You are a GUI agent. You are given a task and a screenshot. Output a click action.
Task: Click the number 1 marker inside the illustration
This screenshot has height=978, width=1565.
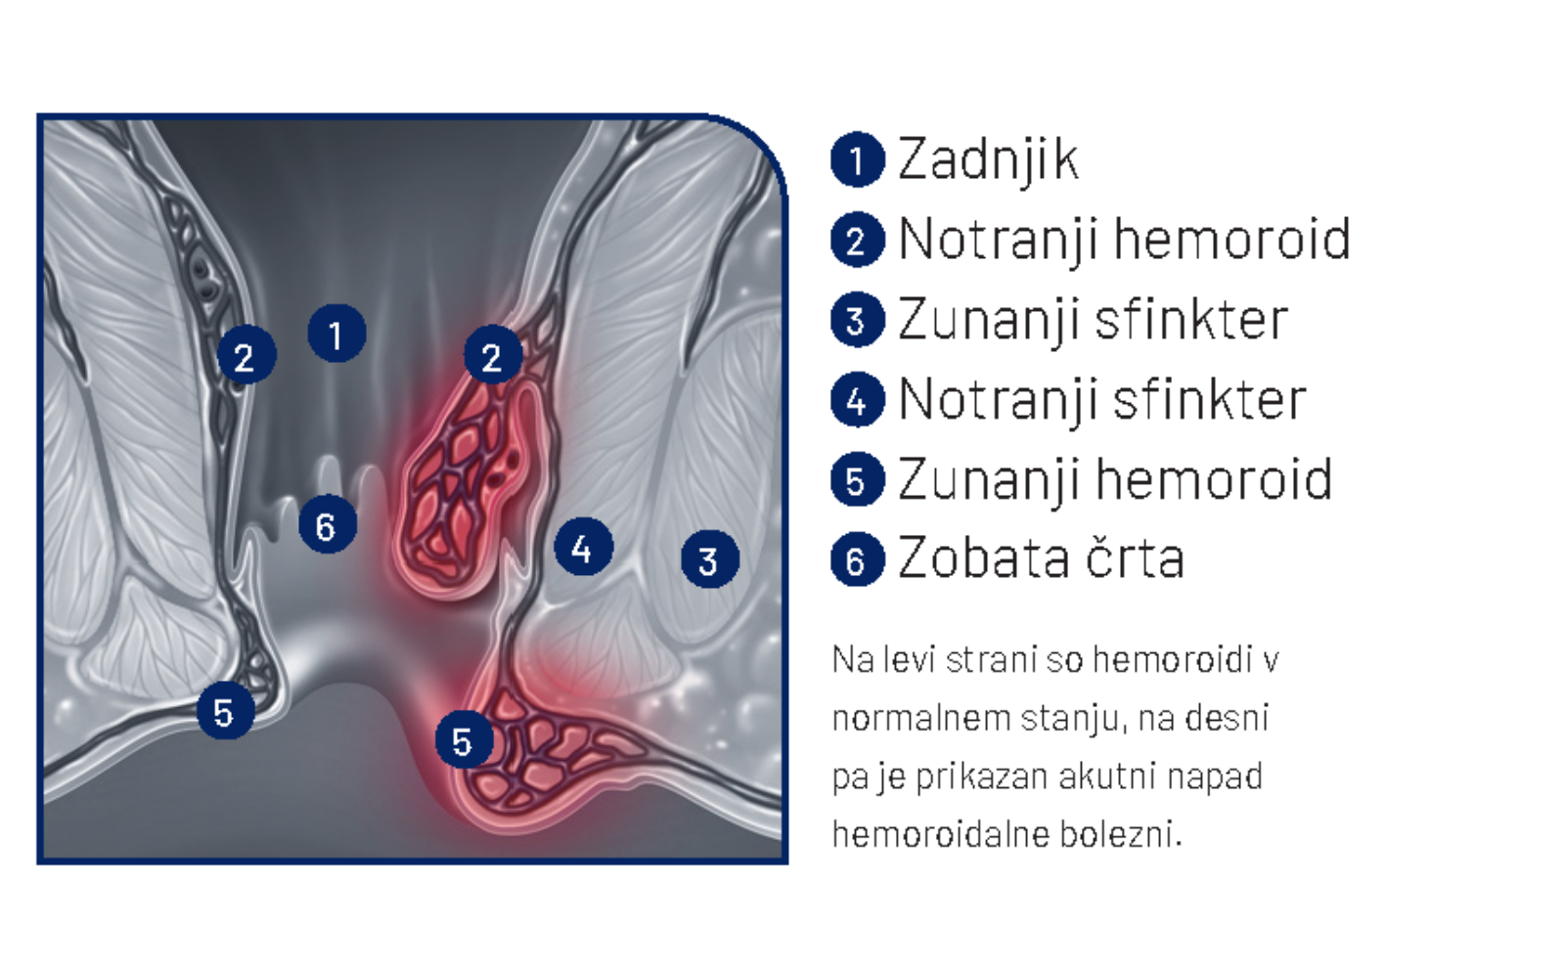pyautogui.click(x=336, y=333)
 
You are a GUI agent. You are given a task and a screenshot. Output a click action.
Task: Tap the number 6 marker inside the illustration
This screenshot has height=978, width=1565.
pyautogui.click(x=327, y=524)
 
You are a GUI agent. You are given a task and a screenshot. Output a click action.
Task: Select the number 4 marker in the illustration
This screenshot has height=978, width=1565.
pyautogui.click(x=583, y=547)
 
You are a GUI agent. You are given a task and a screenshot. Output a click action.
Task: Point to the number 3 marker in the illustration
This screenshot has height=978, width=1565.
pyautogui.click(x=710, y=559)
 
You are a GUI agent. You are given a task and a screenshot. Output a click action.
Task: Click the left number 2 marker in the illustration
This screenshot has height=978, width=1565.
pyautogui.click(x=246, y=355)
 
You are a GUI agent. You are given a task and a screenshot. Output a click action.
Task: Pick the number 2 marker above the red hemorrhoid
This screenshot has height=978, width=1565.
pyautogui.click(x=493, y=355)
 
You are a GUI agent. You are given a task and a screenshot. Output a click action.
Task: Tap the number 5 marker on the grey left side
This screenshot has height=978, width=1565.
pyautogui.click(x=226, y=711)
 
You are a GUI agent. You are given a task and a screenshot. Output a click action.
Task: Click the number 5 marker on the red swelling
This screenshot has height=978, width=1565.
pyautogui.click(x=464, y=739)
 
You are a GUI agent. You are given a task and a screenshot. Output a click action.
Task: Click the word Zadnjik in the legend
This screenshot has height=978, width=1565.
pyautogui.click(x=988, y=161)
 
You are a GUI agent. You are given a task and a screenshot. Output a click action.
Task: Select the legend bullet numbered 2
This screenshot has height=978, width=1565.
pyautogui.click(x=857, y=240)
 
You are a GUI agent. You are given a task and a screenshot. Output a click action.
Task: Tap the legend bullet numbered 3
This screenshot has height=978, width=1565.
pyautogui.click(x=857, y=320)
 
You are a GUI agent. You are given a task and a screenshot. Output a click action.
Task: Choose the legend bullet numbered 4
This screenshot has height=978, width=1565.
pyautogui.click(x=857, y=400)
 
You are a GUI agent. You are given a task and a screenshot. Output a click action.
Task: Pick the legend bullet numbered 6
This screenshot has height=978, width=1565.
pyautogui.click(x=857, y=559)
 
